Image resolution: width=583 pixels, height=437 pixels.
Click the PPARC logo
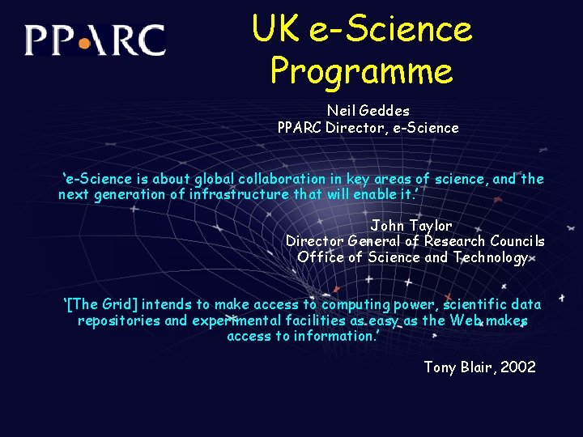coord(95,40)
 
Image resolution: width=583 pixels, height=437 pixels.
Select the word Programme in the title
coord(361,71)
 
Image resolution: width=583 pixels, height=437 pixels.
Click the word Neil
coord(340,110)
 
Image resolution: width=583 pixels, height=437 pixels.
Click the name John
coord(387,226)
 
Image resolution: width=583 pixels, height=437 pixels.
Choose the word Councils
coord(513,241)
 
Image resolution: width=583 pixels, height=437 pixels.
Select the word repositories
coord(119,320)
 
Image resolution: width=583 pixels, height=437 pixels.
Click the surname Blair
coord(477,367)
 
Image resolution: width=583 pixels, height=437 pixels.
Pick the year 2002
coord(519,367)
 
